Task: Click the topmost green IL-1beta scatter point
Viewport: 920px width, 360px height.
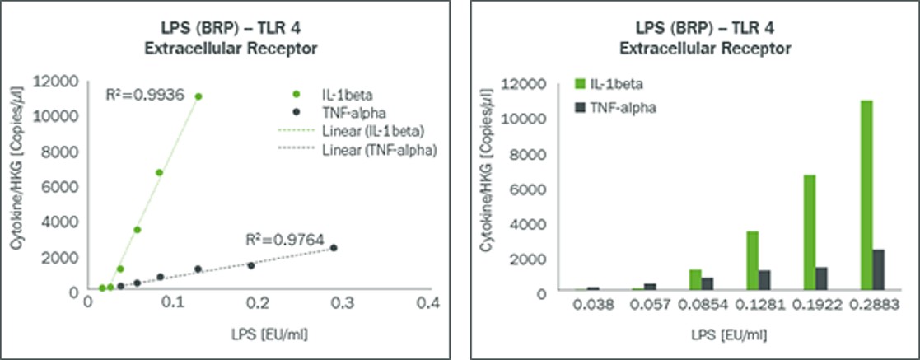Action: pos(198,96)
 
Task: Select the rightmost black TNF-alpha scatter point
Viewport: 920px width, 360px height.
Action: pos(334,248)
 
